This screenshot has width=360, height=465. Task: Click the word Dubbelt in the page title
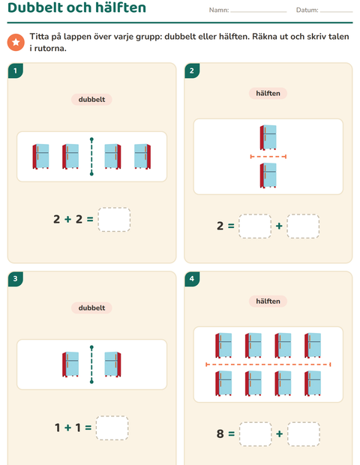point(35,7)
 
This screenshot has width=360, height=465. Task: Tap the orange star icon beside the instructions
point(16,42)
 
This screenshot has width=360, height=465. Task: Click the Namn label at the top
point(219,10)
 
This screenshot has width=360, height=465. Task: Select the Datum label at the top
point(307,10)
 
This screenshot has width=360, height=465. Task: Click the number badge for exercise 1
point(16,70)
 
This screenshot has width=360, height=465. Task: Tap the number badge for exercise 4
point(192,279)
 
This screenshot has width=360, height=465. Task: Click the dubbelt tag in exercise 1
point(91,99)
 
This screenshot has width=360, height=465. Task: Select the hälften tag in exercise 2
point(268,94)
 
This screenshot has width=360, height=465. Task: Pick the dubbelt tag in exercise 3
point(91,307)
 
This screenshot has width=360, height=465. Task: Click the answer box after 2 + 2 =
point(114,220)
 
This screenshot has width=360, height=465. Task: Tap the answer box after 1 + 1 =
point(112,428)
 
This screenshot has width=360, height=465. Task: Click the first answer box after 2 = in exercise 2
point(255,226)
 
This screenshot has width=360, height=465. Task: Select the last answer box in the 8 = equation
point(304,434)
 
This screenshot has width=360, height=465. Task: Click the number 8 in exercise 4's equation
point(220,433)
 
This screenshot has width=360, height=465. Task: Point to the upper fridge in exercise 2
point(268,137)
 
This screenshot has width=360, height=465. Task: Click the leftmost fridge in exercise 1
point(41,156)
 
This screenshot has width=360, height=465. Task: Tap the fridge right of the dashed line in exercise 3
point(112,364)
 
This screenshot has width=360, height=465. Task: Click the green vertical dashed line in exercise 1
point(91,157)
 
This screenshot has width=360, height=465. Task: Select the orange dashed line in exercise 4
point(268,364)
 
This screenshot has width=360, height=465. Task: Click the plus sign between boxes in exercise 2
point(279,226)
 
